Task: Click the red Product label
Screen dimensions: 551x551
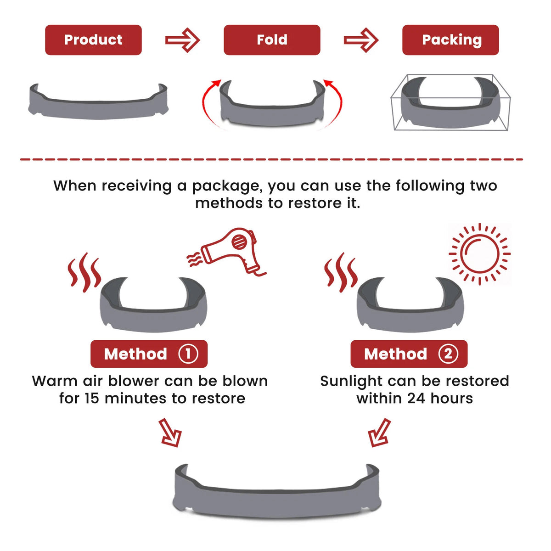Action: pos(93,40)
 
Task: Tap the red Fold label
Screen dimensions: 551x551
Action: pos(272,40)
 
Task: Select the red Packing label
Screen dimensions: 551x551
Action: pos(450,40)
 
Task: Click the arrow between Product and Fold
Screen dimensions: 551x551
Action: pos(182,40)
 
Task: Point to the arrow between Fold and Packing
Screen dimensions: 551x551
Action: pos(361,40)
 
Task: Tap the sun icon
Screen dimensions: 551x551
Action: pos(479,253)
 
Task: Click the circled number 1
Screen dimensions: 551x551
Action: pos(188,354)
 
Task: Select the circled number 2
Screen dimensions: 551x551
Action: pos(448,354)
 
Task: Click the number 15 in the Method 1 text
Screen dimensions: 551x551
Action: pos(92,398)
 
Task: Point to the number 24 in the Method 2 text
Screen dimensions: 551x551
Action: pos(416,398)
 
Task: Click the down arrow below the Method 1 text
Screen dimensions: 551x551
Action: pos(170,433)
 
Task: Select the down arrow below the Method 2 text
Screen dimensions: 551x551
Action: pos(379,433)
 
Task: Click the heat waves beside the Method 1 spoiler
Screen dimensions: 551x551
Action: pos(84,272)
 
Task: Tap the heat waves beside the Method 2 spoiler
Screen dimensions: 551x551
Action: pos(341,272)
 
